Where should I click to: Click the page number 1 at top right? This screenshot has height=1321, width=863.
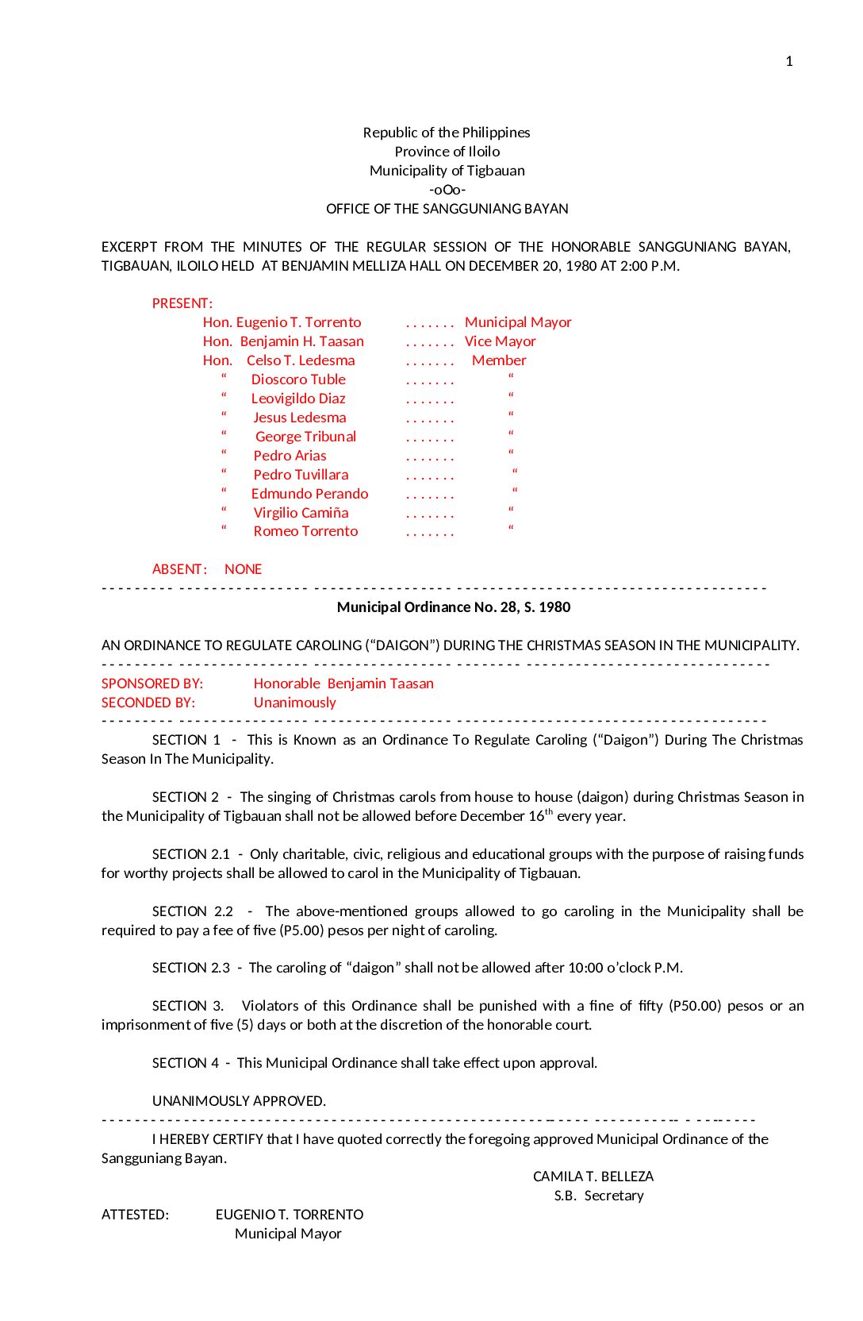coord(788,61)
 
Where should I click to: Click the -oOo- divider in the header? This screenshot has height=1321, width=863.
coord(447,190)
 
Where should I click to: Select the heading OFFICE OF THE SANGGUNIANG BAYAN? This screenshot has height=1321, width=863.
coord(447,209)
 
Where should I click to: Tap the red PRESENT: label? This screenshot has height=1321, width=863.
coord(182,303)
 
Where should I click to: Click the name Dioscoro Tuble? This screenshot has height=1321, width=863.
coord(298,379)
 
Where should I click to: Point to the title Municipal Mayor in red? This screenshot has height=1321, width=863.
coord(518,322)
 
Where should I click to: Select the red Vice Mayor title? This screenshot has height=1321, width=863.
coord(500,341)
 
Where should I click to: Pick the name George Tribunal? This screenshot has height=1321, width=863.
coord(305,437)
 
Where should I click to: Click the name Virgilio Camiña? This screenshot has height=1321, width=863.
coord(301,513)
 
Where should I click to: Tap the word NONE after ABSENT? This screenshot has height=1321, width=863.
coord(243,569)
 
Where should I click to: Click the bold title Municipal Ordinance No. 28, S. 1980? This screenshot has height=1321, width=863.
coord(454,607)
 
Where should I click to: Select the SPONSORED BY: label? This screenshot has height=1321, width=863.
coord(152,684)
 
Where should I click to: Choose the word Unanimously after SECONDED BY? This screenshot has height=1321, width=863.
coord(294,703)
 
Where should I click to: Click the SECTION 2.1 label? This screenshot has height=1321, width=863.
coord(191,854)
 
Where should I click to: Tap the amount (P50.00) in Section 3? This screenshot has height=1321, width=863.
coord(695,1006)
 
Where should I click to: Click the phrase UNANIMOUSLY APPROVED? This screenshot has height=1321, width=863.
coord(239,1101)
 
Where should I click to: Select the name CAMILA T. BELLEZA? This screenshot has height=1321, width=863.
coord(593,1177)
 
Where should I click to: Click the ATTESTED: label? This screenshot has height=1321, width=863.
coord(135,1215)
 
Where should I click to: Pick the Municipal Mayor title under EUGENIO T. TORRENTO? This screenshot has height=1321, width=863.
coord(288,1234)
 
